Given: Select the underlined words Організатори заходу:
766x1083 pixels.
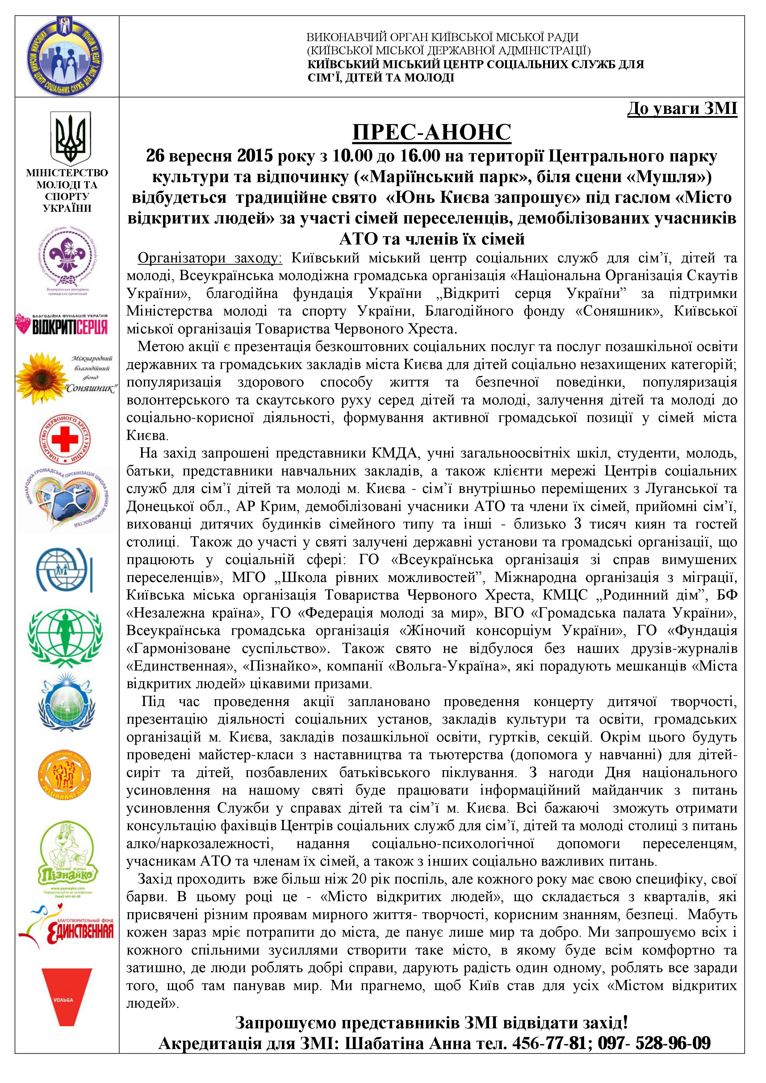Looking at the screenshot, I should point(209,258).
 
